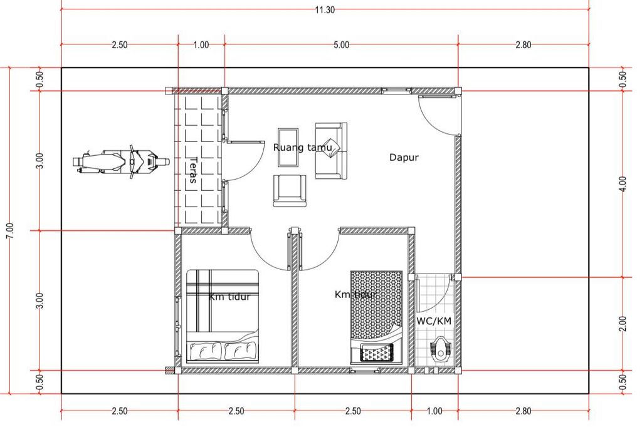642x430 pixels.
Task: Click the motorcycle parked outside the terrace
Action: pyautogui.click(x=121, y=161)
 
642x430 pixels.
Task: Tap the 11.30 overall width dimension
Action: pyautogui.click(x=325, y=10)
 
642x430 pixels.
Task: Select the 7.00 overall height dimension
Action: pyautogui.click(x=10, y=231)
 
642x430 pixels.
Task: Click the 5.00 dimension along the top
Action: pyautogui.click(x=341, y=44)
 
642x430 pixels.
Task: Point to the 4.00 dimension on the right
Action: pyautogui.click(x=623, y=184)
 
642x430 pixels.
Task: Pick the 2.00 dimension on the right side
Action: pyautogui.click(x=623, y=324)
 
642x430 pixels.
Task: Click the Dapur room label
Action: pyautogui.click(x=404, y=157)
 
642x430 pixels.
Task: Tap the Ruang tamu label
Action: pyautogui.click(x=302, y=147)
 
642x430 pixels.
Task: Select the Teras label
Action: pyautogui.click(x=193, y=170)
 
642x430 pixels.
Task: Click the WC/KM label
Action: pyautogui.click(x=434, y=321)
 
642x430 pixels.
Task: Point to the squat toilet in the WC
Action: pyautogui.click(x=440, y=350)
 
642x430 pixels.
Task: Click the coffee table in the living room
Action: pyautogui.click(x=288, y=148)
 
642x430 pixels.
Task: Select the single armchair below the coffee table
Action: pyautogui.click(x=290, y=190)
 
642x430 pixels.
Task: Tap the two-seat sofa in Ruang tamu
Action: pyautogui.click(x=331, y=151)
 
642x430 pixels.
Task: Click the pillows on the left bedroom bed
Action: pyautogui.click(x=223, y=351)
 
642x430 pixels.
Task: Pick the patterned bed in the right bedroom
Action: pyautogui.click(x=377, y=317)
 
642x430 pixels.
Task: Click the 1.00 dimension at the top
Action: pyautogui.click(x=201, y=44)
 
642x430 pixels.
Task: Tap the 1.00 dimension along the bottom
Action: pyautogui.click(x=434, y=411)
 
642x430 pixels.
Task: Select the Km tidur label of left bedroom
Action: pyautogui.click(x=229, y=297)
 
